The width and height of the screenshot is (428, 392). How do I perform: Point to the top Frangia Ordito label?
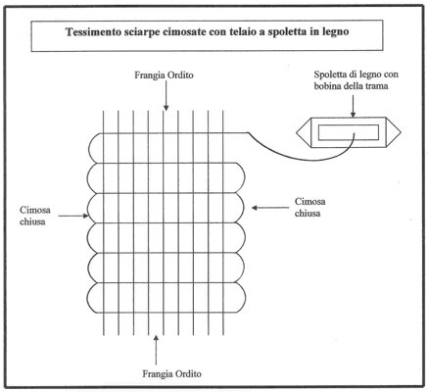[165, 75]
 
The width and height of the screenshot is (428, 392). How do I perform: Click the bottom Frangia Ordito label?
[172, 373]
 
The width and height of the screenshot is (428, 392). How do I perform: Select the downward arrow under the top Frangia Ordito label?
[166, 95]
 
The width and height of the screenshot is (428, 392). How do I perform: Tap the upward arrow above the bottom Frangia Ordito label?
[156, 350]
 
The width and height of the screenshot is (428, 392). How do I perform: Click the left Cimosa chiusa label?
[35, 216]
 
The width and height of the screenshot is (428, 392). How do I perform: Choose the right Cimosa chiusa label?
[310, 207]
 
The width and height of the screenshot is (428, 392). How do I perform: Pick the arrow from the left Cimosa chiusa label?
[73, 216]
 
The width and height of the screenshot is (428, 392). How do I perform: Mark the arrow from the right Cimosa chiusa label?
[270, 208]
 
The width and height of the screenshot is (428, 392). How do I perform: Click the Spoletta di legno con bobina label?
[357, 80]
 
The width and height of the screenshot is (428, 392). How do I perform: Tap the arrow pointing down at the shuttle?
[353, 106]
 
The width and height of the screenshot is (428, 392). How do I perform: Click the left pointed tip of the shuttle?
[297, 133]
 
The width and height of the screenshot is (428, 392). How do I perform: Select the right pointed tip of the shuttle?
[401, 133]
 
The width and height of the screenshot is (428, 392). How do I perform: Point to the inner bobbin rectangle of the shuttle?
[349, 132]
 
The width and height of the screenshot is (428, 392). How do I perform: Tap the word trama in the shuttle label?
[378, 86]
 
